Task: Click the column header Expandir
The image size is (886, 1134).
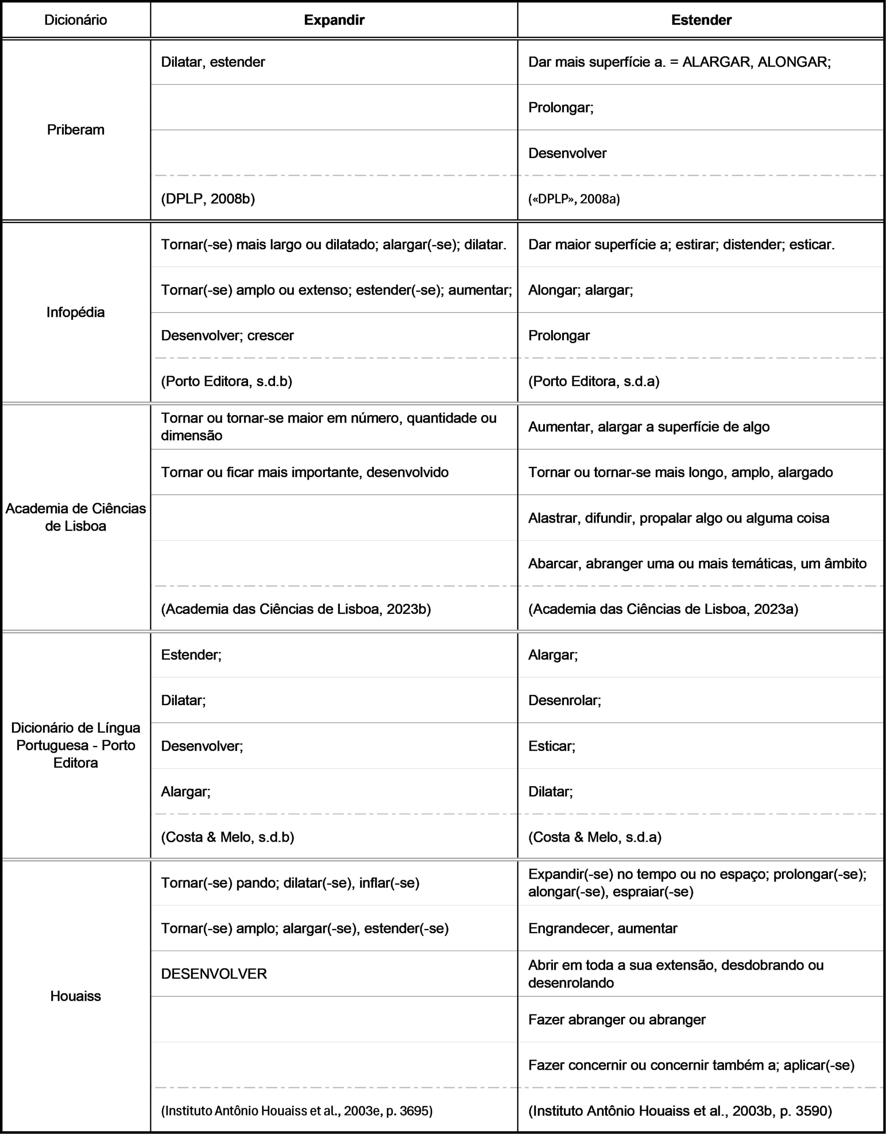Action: [334, 20]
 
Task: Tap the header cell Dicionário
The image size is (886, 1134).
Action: [76, 20]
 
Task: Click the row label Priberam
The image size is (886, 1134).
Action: [76, 130]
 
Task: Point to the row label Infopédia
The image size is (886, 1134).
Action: [76, 312]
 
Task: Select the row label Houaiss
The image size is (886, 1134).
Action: [76, 996]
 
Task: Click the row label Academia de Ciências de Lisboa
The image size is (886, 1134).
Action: [76, 517]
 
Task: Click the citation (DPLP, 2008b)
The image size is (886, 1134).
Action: [208, 199]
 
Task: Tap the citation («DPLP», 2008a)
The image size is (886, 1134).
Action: [574, 199]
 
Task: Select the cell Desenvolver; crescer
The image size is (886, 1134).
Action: [227, 335]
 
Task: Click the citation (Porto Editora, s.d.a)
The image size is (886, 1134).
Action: [594, 381]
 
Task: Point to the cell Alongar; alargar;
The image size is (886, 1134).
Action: [581, 290]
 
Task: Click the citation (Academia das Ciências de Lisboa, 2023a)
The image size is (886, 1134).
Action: [663, 609]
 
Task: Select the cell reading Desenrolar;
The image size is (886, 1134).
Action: [564, 700]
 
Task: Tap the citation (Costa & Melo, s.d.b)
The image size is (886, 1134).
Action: [227, 837]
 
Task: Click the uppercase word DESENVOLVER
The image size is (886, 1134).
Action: [214, 974]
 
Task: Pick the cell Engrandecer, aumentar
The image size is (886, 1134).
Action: [602, 928]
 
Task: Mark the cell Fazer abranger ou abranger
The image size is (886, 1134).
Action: [617, 1020]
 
